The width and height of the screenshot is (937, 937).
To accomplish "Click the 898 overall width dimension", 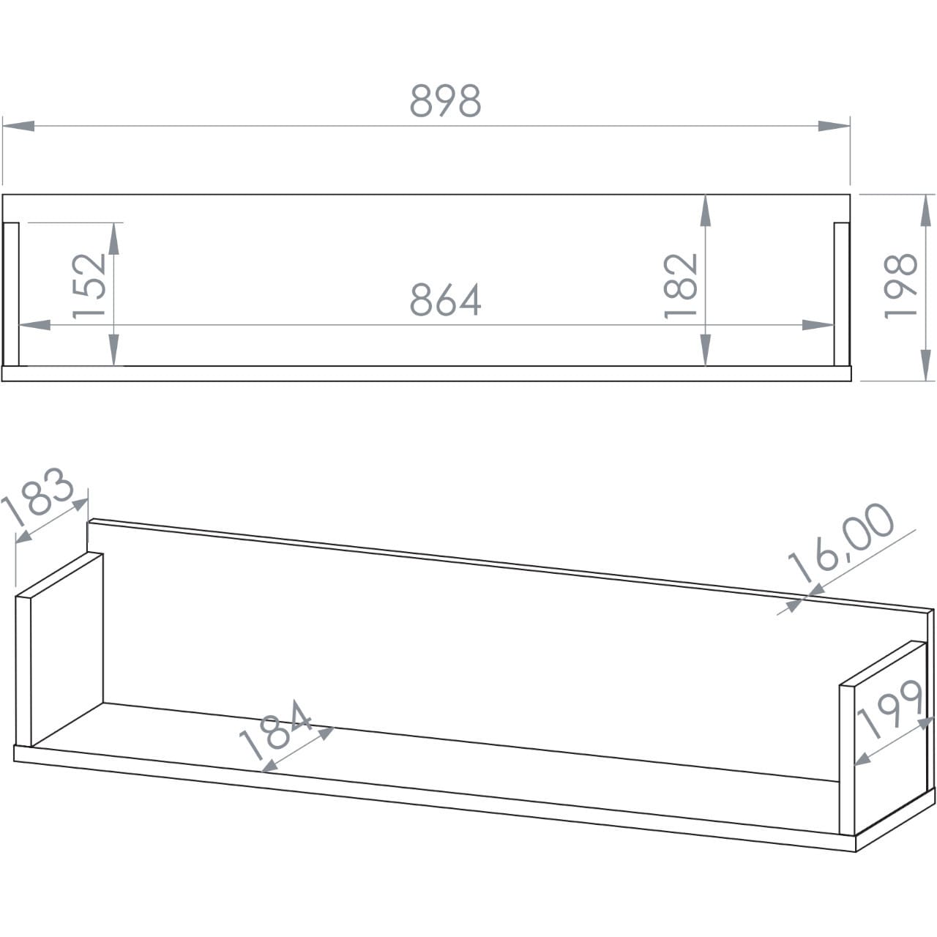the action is tap(445, 100).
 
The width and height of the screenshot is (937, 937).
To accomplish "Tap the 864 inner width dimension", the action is tap(445, 299).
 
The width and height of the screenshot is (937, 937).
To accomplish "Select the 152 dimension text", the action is tap(89, 286).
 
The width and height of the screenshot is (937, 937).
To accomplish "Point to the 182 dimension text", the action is tap(681, 286).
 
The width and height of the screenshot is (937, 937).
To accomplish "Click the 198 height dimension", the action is tap(900, 286).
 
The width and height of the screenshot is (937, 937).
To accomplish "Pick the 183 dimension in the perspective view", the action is tap(38, 497).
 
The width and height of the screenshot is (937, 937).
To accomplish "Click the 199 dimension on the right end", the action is tap(889, 709).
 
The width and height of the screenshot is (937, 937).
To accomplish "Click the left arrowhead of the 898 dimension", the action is tap(18, 126).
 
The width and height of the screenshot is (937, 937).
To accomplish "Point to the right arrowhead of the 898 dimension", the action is tap(834, 126).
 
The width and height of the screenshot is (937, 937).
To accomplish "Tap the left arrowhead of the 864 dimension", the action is tap(34, 325).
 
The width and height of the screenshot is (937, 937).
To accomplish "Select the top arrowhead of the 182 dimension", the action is tap(706, 211).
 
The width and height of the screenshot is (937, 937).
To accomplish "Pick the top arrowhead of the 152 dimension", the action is tap(113, 239).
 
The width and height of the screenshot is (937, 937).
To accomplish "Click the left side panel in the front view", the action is tap(11, 294).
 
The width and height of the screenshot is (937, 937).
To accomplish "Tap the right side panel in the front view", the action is tap(842, 294).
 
